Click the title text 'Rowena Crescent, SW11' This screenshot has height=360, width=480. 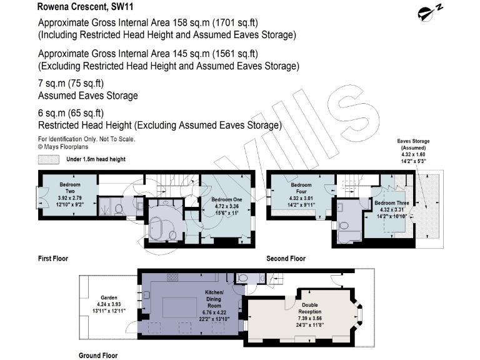tap(79, 8)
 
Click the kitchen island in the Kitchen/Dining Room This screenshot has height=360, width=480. tap(181, 307)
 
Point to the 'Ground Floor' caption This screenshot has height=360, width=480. tap(98, 355)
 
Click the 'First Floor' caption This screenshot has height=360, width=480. tap(53, 258)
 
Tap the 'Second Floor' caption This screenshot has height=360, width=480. tap(286, 258)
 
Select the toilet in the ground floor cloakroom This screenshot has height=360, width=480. tap(244, 278)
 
